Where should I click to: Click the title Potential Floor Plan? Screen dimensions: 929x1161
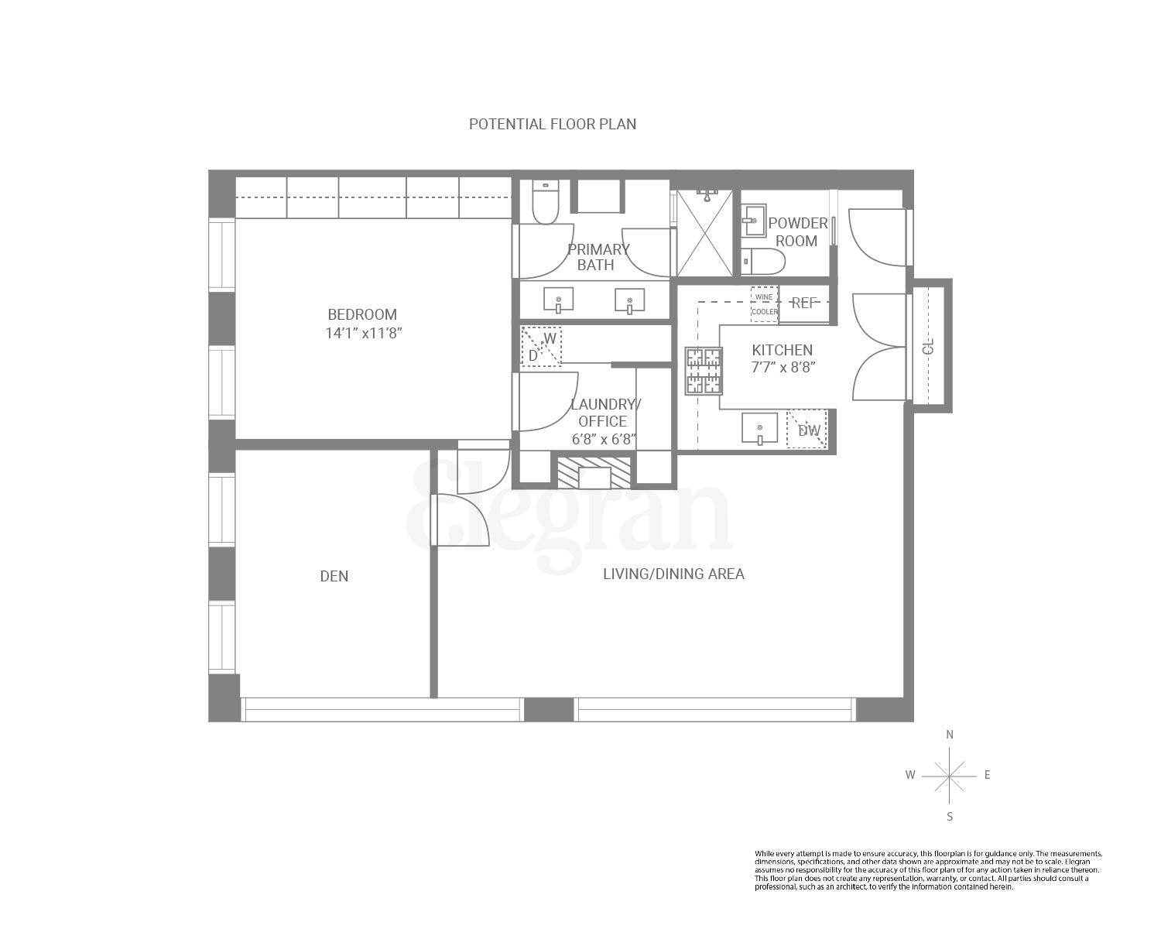click(553, 124)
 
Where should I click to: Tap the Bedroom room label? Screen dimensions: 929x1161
click(362, 314)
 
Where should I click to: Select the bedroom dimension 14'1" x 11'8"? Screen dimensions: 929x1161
click(364, 334)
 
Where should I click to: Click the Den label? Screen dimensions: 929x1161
click(334, 576)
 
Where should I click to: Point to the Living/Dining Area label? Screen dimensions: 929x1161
click(673, 574)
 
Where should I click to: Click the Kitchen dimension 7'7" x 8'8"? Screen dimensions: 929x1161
click(783, 368)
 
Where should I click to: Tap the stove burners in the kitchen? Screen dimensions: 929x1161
click(704, 372)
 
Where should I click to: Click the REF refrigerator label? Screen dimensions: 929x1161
click(804, 303)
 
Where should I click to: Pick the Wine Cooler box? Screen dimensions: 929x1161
click(765, 304)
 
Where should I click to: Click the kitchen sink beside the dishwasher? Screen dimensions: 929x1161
click(759, 428)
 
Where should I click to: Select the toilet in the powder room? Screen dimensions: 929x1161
click(763, 262)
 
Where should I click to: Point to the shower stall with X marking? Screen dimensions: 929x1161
click(704, 233)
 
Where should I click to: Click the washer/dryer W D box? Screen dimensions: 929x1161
click(541, 345)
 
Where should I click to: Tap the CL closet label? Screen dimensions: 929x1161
click(930, 345)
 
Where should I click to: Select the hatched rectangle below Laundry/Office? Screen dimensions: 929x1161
click(594, 472)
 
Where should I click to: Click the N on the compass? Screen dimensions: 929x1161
click(950, 735)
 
